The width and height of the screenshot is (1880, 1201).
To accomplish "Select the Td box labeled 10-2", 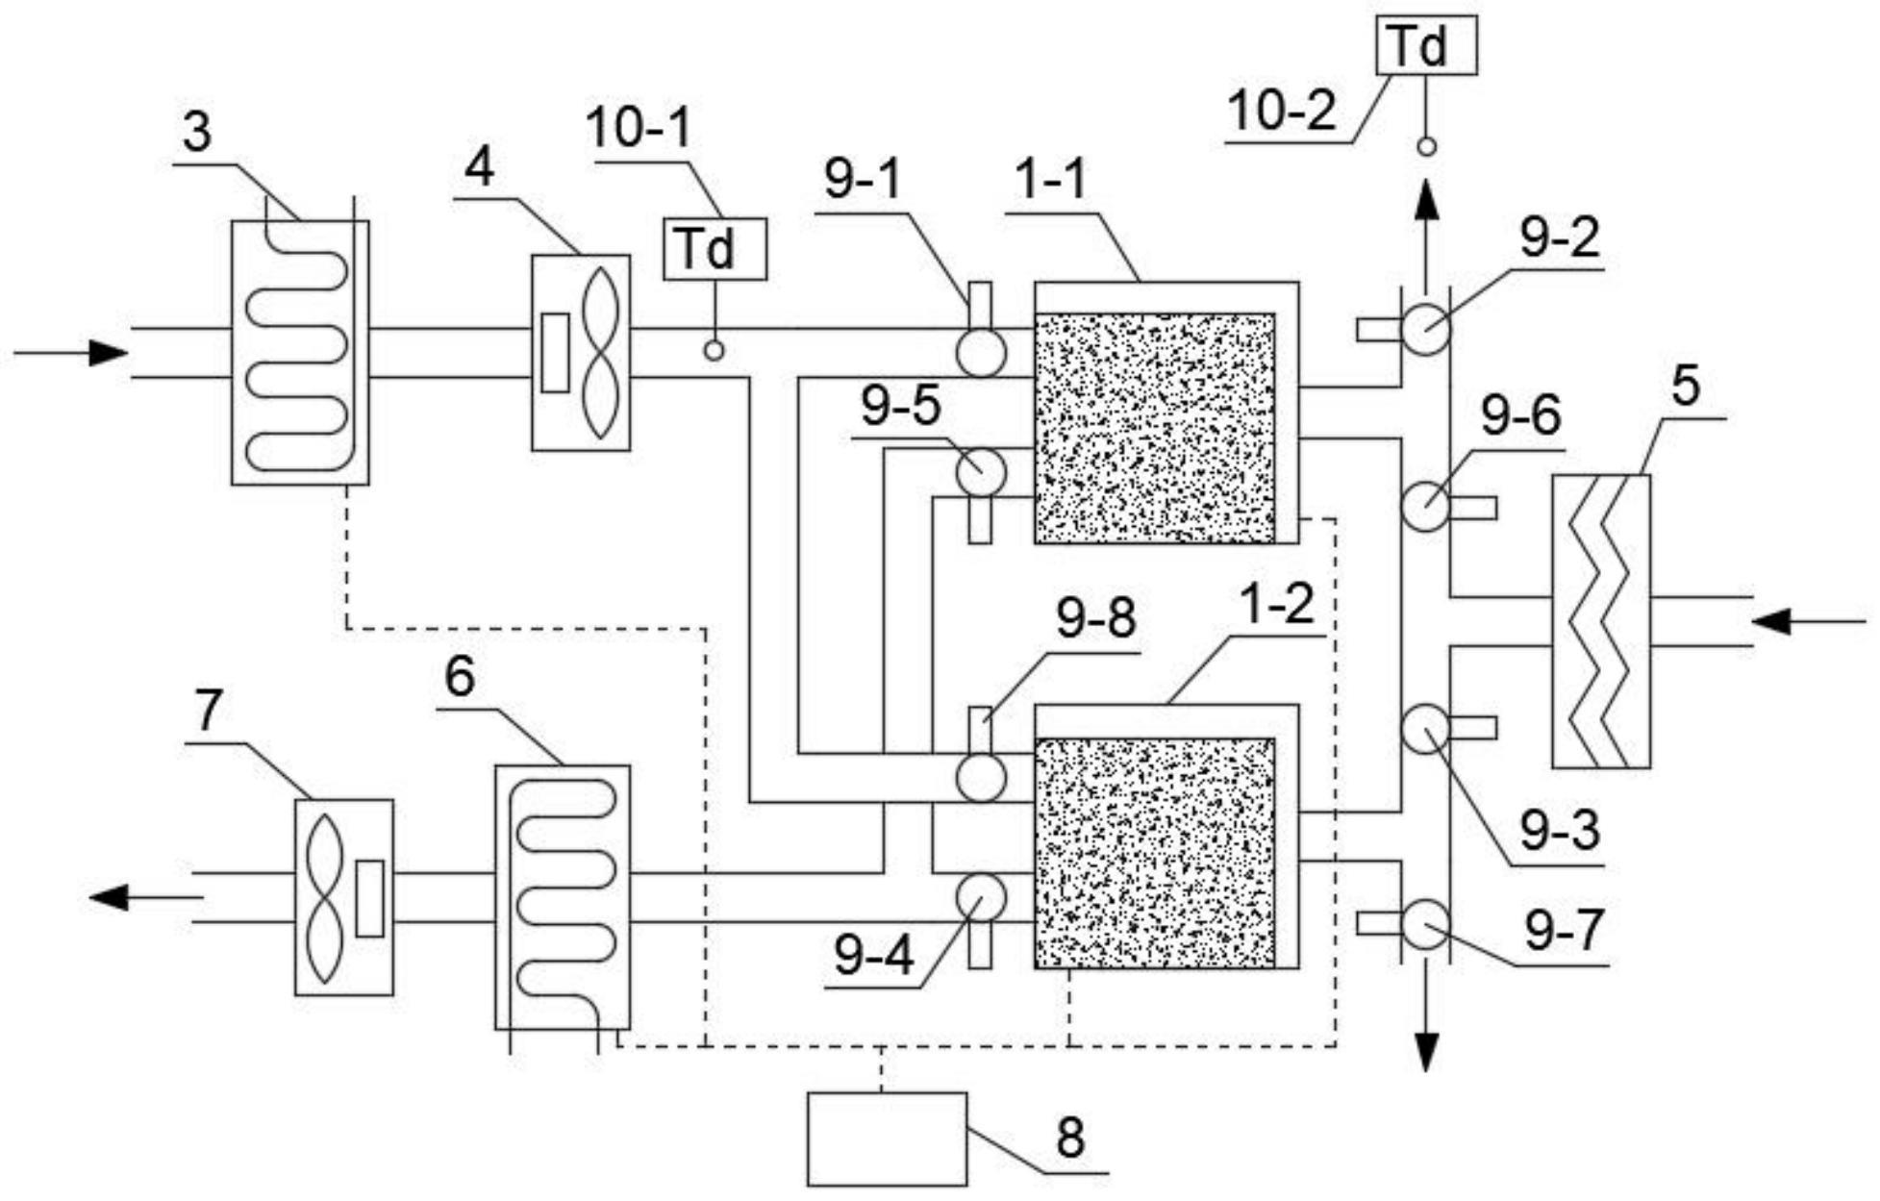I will coord(1426,45).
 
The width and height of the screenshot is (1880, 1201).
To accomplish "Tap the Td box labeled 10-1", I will coord(714,249).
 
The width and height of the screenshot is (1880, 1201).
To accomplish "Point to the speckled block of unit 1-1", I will coord(1155,428).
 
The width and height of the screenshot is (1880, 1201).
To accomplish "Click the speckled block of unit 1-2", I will coord(1155,853).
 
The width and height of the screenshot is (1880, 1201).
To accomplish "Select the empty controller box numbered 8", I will coord(887,1138).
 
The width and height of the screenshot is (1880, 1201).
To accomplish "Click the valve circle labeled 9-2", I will coord(1425,329).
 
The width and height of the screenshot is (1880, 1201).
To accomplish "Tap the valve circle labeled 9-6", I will coord(1425,506).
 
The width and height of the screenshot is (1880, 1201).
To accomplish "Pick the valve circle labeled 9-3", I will coord(1425,728).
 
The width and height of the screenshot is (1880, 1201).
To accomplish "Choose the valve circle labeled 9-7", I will coord(1425,923).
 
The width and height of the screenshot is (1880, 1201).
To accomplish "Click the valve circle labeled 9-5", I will coord(981,471).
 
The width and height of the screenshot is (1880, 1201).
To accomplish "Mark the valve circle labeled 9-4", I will coord(981,896).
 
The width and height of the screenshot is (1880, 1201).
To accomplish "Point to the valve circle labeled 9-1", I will coord(981,352).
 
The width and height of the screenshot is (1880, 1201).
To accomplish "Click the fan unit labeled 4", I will coord(581,353).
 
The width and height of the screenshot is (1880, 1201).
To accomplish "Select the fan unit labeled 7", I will coord(343,897).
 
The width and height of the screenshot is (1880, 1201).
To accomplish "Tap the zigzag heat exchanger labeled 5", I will coord(1601,621).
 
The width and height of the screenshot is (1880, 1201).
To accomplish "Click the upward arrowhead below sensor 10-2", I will coord(1426,202).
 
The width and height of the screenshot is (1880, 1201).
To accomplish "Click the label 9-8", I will coord(1095,618).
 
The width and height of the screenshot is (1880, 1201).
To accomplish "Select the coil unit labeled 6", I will coord(563,897).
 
